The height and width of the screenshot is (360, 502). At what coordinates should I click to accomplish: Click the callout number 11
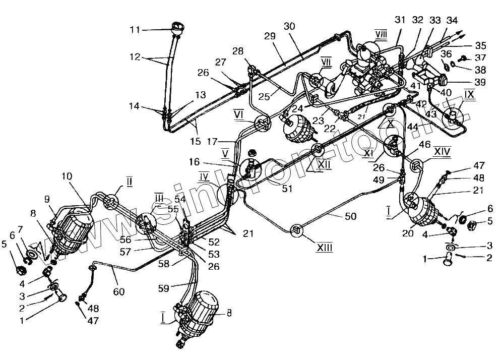coord(134,30)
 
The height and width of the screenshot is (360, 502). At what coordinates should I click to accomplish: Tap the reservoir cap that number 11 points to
coord(177,27)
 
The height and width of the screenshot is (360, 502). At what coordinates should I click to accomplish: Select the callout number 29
coord(270,36)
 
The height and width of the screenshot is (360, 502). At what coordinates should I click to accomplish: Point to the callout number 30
coord(289,26)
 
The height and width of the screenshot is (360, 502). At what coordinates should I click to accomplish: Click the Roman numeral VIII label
coord(381,33)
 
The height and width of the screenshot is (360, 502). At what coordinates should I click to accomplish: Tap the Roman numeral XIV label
coord(442,150)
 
